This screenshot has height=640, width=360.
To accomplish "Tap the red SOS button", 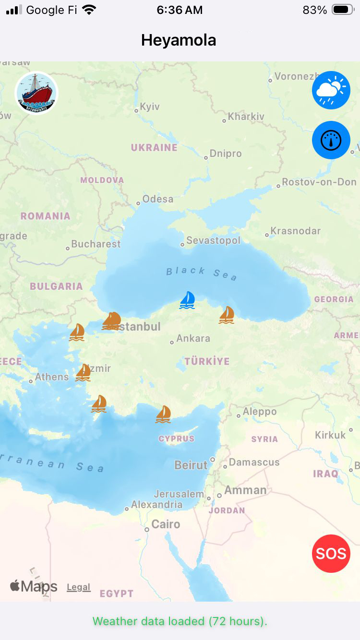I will [331, 553].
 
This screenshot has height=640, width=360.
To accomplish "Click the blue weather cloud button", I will [331, 90].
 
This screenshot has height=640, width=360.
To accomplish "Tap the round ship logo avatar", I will [36, 93].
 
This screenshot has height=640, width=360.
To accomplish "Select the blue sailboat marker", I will [187, 300].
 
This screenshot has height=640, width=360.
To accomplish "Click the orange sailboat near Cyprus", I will [163, 414].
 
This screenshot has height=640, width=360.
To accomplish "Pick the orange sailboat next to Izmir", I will [84, 372].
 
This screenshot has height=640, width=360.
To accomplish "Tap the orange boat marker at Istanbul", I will [111, 321].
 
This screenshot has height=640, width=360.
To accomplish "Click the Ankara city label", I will [193, 338].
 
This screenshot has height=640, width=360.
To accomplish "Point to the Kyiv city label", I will [149, 107].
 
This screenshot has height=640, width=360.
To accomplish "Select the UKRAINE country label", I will [154, 148].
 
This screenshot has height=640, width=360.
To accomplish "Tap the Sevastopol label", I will [213, 240].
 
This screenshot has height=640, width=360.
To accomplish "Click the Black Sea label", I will [202, 273].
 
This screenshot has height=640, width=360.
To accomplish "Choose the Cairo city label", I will [166, 524].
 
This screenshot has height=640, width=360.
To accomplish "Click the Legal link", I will [79, 587].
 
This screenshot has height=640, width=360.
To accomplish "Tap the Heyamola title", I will [179, 40].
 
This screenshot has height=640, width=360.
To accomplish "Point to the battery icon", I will [343, 10].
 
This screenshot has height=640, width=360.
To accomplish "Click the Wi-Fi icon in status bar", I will [89, 10].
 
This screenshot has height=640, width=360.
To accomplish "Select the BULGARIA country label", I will [56, 286].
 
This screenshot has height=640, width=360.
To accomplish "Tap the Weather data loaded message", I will [180, 621].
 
